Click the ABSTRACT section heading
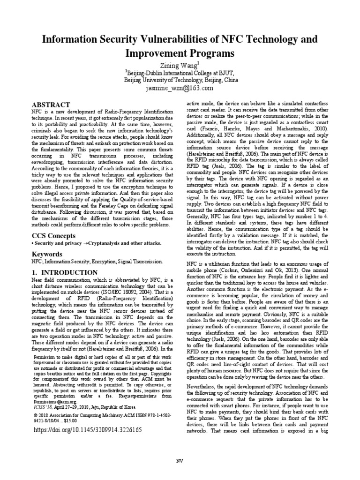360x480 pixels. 50,104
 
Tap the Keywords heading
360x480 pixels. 46,254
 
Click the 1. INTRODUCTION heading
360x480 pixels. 64,272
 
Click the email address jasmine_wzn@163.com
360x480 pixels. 180,88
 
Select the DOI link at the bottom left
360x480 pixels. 86,429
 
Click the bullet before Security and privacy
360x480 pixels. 32,243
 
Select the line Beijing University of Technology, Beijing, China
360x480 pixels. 180,80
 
